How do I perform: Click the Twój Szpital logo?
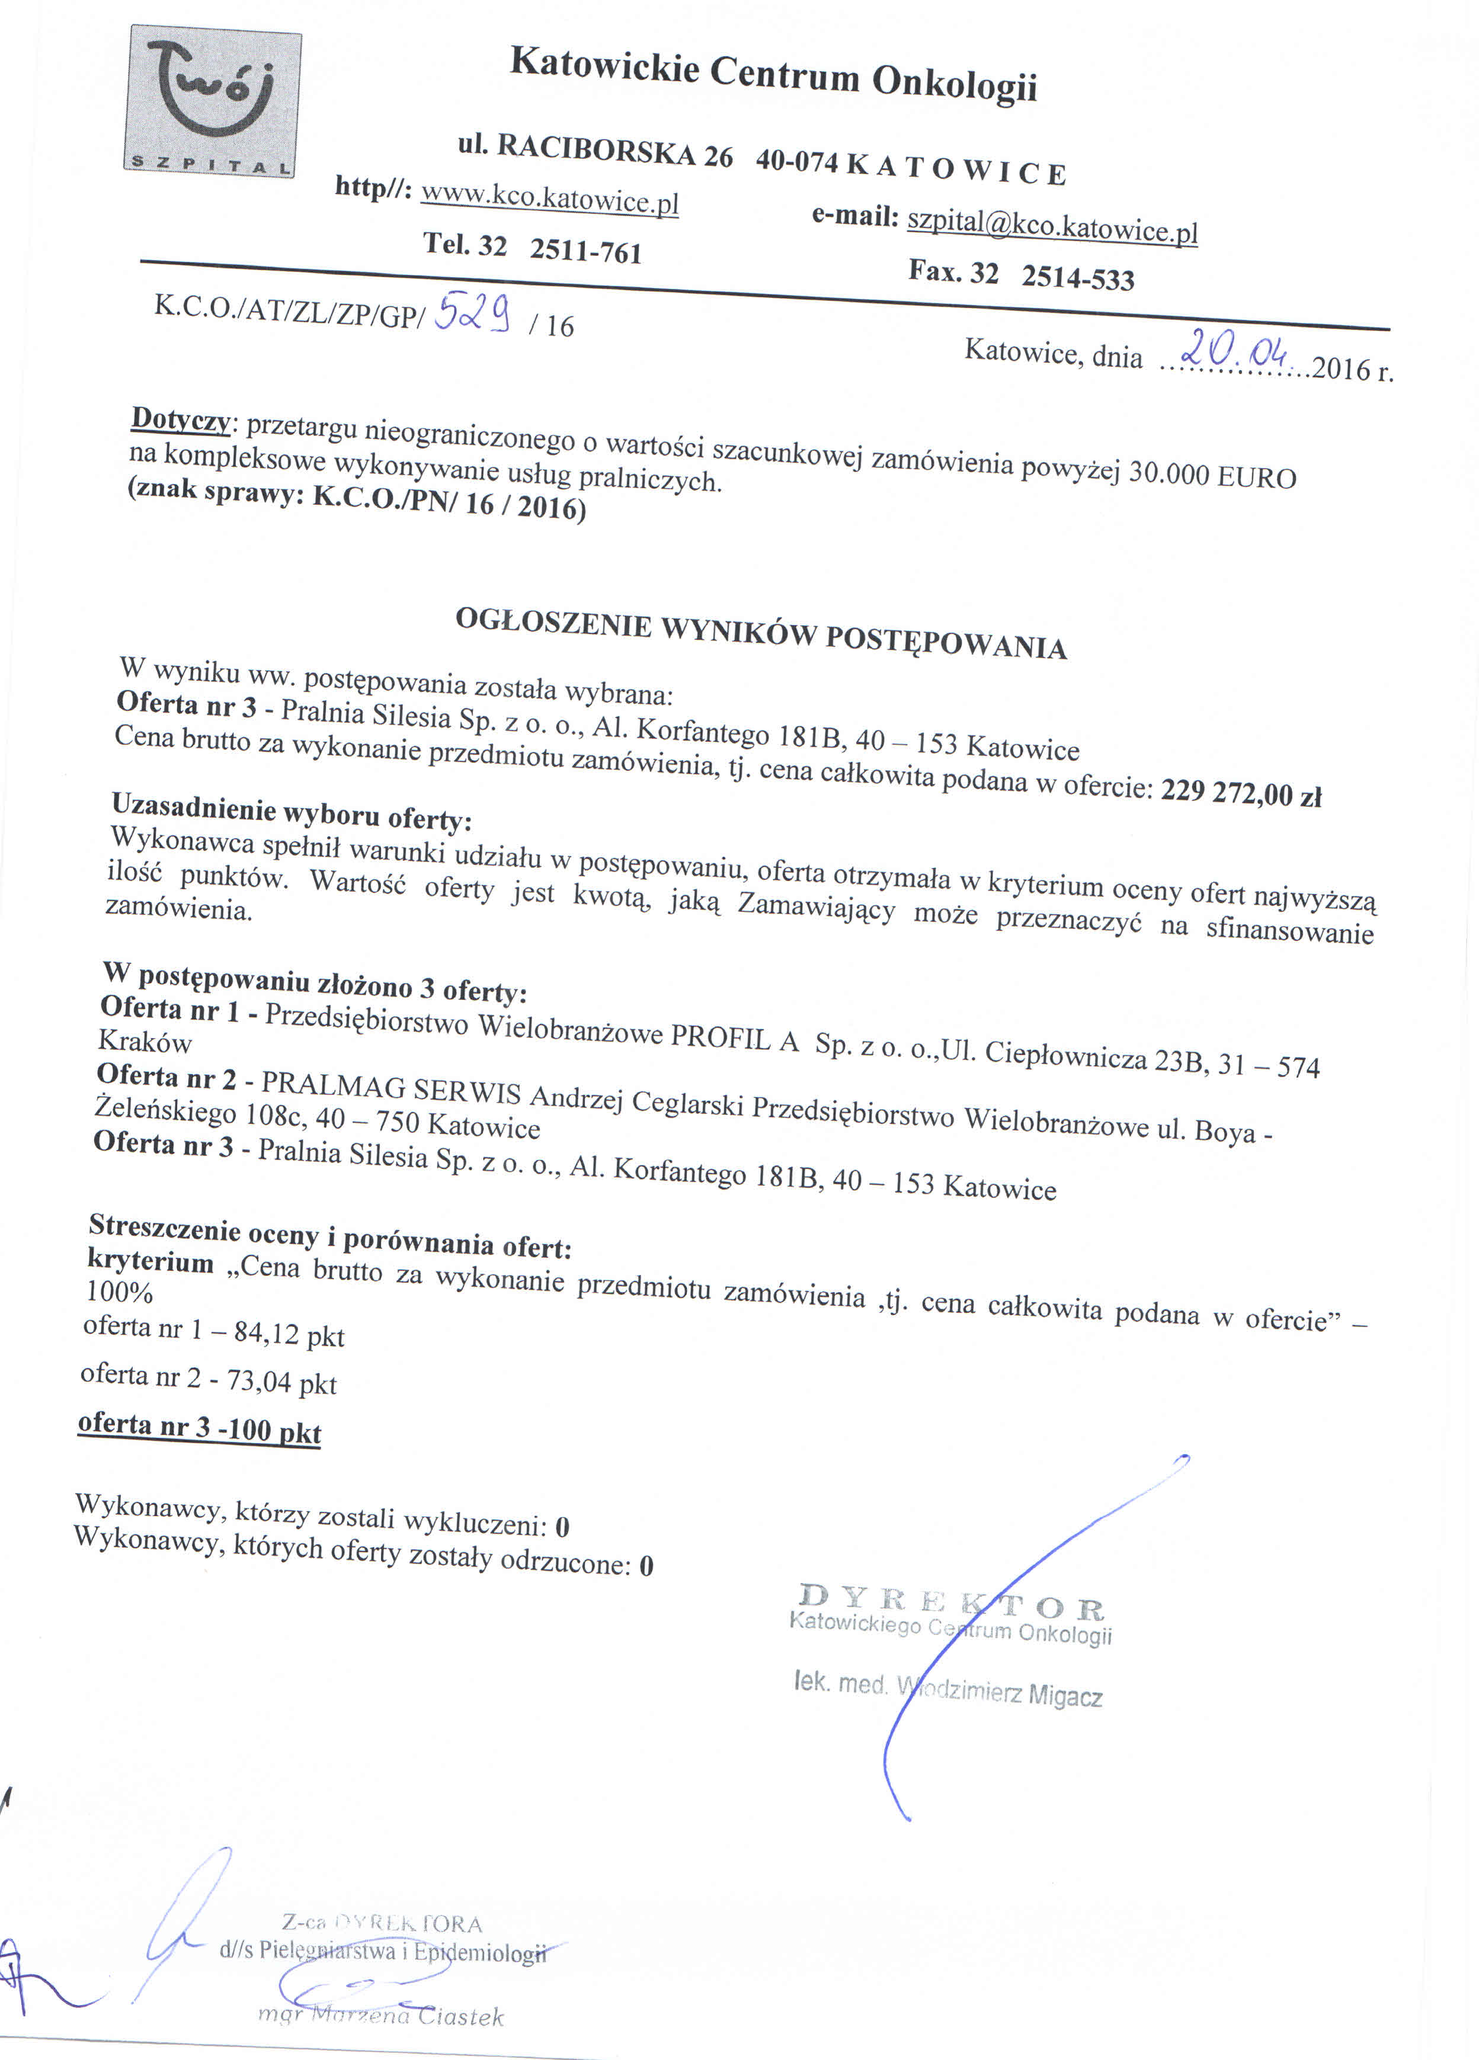pyautogui.click(x=213, y=102)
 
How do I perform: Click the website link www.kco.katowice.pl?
pyautogui.click(x=550, y=198)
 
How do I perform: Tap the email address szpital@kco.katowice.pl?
pyautogui.click(x=1052, y=225)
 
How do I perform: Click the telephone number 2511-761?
pyautogui.click(x=586, y=250)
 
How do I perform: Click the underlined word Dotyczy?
pyautogui.click(x=181, y=419)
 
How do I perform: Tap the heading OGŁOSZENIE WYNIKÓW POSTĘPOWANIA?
pyautogui.click(x=760, y=632)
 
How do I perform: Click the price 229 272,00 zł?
pyautogui.click(x=1240, y=793)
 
